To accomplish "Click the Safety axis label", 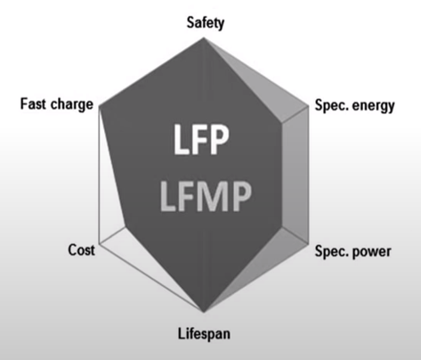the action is coord(206,23).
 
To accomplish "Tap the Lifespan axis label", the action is coord(204,333).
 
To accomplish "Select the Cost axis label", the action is coord(82,250).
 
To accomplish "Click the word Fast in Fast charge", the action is coord(33,103).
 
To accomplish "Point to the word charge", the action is coord(72,105).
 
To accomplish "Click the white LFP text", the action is coord(201,139).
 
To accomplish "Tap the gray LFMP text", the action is coord(206,196).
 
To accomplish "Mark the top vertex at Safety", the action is coord(204,37).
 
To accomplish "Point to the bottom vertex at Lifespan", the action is coord(204,313).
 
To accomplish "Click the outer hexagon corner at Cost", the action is coord(100,244).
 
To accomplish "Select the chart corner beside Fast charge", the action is coord(100,106).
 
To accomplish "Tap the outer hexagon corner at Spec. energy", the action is coord(309,106).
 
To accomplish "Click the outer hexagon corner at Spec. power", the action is coord(309,244).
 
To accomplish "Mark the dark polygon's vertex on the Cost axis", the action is coord(125,227).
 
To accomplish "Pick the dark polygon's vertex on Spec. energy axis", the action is coord(282,122).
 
